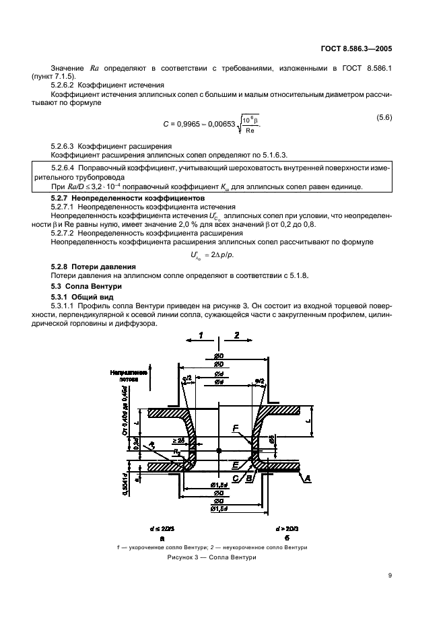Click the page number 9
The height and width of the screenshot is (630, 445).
390,575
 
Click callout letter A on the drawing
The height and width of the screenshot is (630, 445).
327,478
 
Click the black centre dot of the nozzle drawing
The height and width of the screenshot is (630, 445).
219,449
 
